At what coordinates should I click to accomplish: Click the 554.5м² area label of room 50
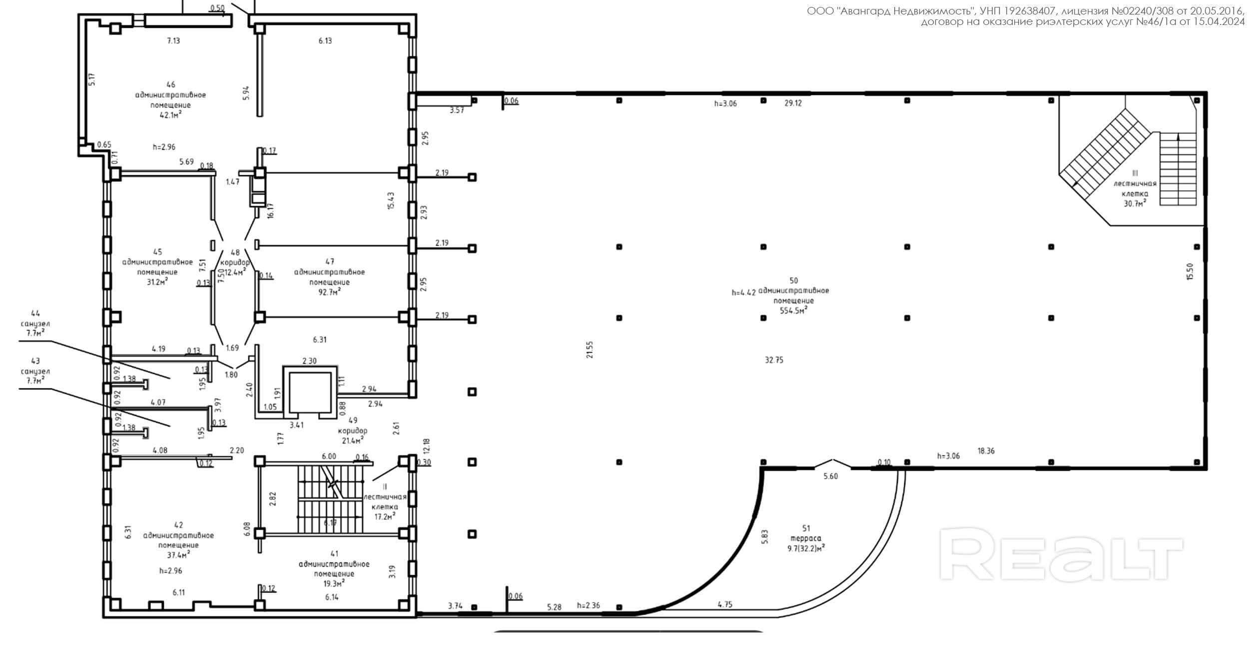(x=793, y=311)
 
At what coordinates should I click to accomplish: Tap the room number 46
(x=171, y=85)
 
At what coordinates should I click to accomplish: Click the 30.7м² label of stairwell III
(x=1134, y=204)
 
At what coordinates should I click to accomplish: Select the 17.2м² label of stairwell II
(x=385, y=517)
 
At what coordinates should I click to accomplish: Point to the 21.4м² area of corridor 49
(x=352, y=440)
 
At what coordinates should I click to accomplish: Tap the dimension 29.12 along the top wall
(x=793, y=103)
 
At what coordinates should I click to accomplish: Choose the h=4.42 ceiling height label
(x=743, y=293)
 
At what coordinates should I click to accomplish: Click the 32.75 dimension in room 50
(x=774, y=360)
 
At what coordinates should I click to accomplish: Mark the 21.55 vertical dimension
(x=590, y=350)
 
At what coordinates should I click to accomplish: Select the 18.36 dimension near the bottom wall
(x=986, y=451)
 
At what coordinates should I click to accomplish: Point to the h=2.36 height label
(x=589, y=606)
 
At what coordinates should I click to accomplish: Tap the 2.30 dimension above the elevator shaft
(x=309, y=361)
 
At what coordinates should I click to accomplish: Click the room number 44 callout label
(x=35, y=314)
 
